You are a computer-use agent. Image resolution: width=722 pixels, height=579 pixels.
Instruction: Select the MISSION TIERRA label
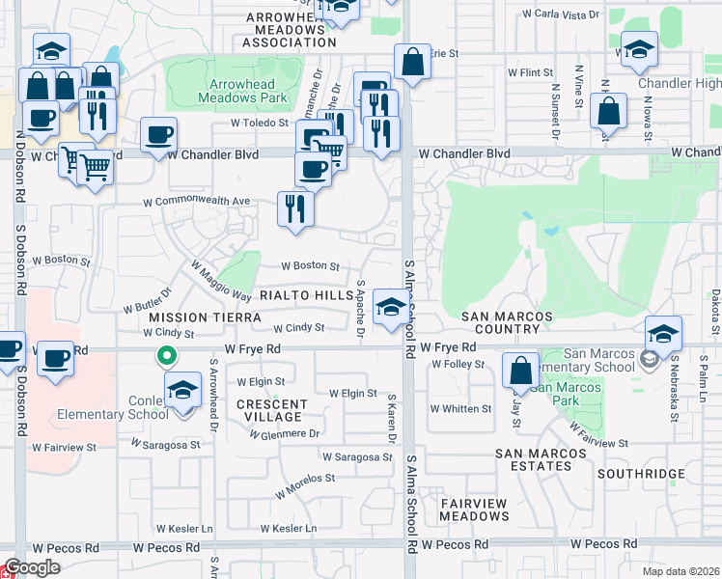coord(191,317)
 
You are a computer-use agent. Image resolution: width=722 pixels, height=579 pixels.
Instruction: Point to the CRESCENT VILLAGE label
coord(273,411)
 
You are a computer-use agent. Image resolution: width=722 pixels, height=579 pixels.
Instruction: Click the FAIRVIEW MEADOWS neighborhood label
coord(474,510)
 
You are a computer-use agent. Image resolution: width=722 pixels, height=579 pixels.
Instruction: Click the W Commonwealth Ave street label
coord(196,202)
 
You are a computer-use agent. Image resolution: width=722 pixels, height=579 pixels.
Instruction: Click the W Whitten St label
coord(461,408)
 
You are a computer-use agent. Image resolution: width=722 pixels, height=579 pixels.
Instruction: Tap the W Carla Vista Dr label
coord(561,15)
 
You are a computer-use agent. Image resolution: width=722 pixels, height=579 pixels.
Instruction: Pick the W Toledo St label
coord(260,124)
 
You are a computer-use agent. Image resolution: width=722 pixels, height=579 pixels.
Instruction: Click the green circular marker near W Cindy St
coord(166,357)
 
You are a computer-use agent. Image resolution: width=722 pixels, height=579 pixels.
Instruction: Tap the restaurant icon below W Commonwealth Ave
coord(295,208)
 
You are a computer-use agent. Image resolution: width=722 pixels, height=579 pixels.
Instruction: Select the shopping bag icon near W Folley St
coord(520,371)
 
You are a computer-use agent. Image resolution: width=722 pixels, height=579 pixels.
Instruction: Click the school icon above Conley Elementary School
coord(180,390)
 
